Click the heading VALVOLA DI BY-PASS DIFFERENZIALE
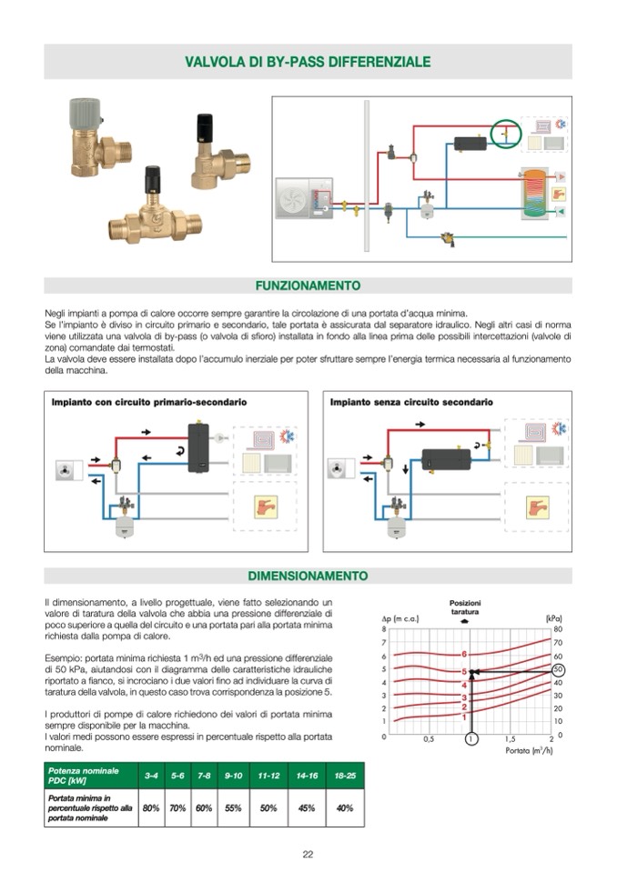click(x=308, y=62)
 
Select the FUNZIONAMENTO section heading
click(x=308, y=286)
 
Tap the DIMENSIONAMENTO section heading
click(x=308, y=576)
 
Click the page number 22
click(x=308, y=854)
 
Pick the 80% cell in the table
click(x=151, y=807)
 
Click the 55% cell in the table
click(x=233, y=807)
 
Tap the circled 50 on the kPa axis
click(x=559, y=669)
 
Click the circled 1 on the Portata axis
click(x=470, y=738)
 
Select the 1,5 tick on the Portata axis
click(x=511, y=738)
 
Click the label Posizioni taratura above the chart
click(x=465, y=607)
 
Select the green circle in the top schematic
click(x=506, y=134)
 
